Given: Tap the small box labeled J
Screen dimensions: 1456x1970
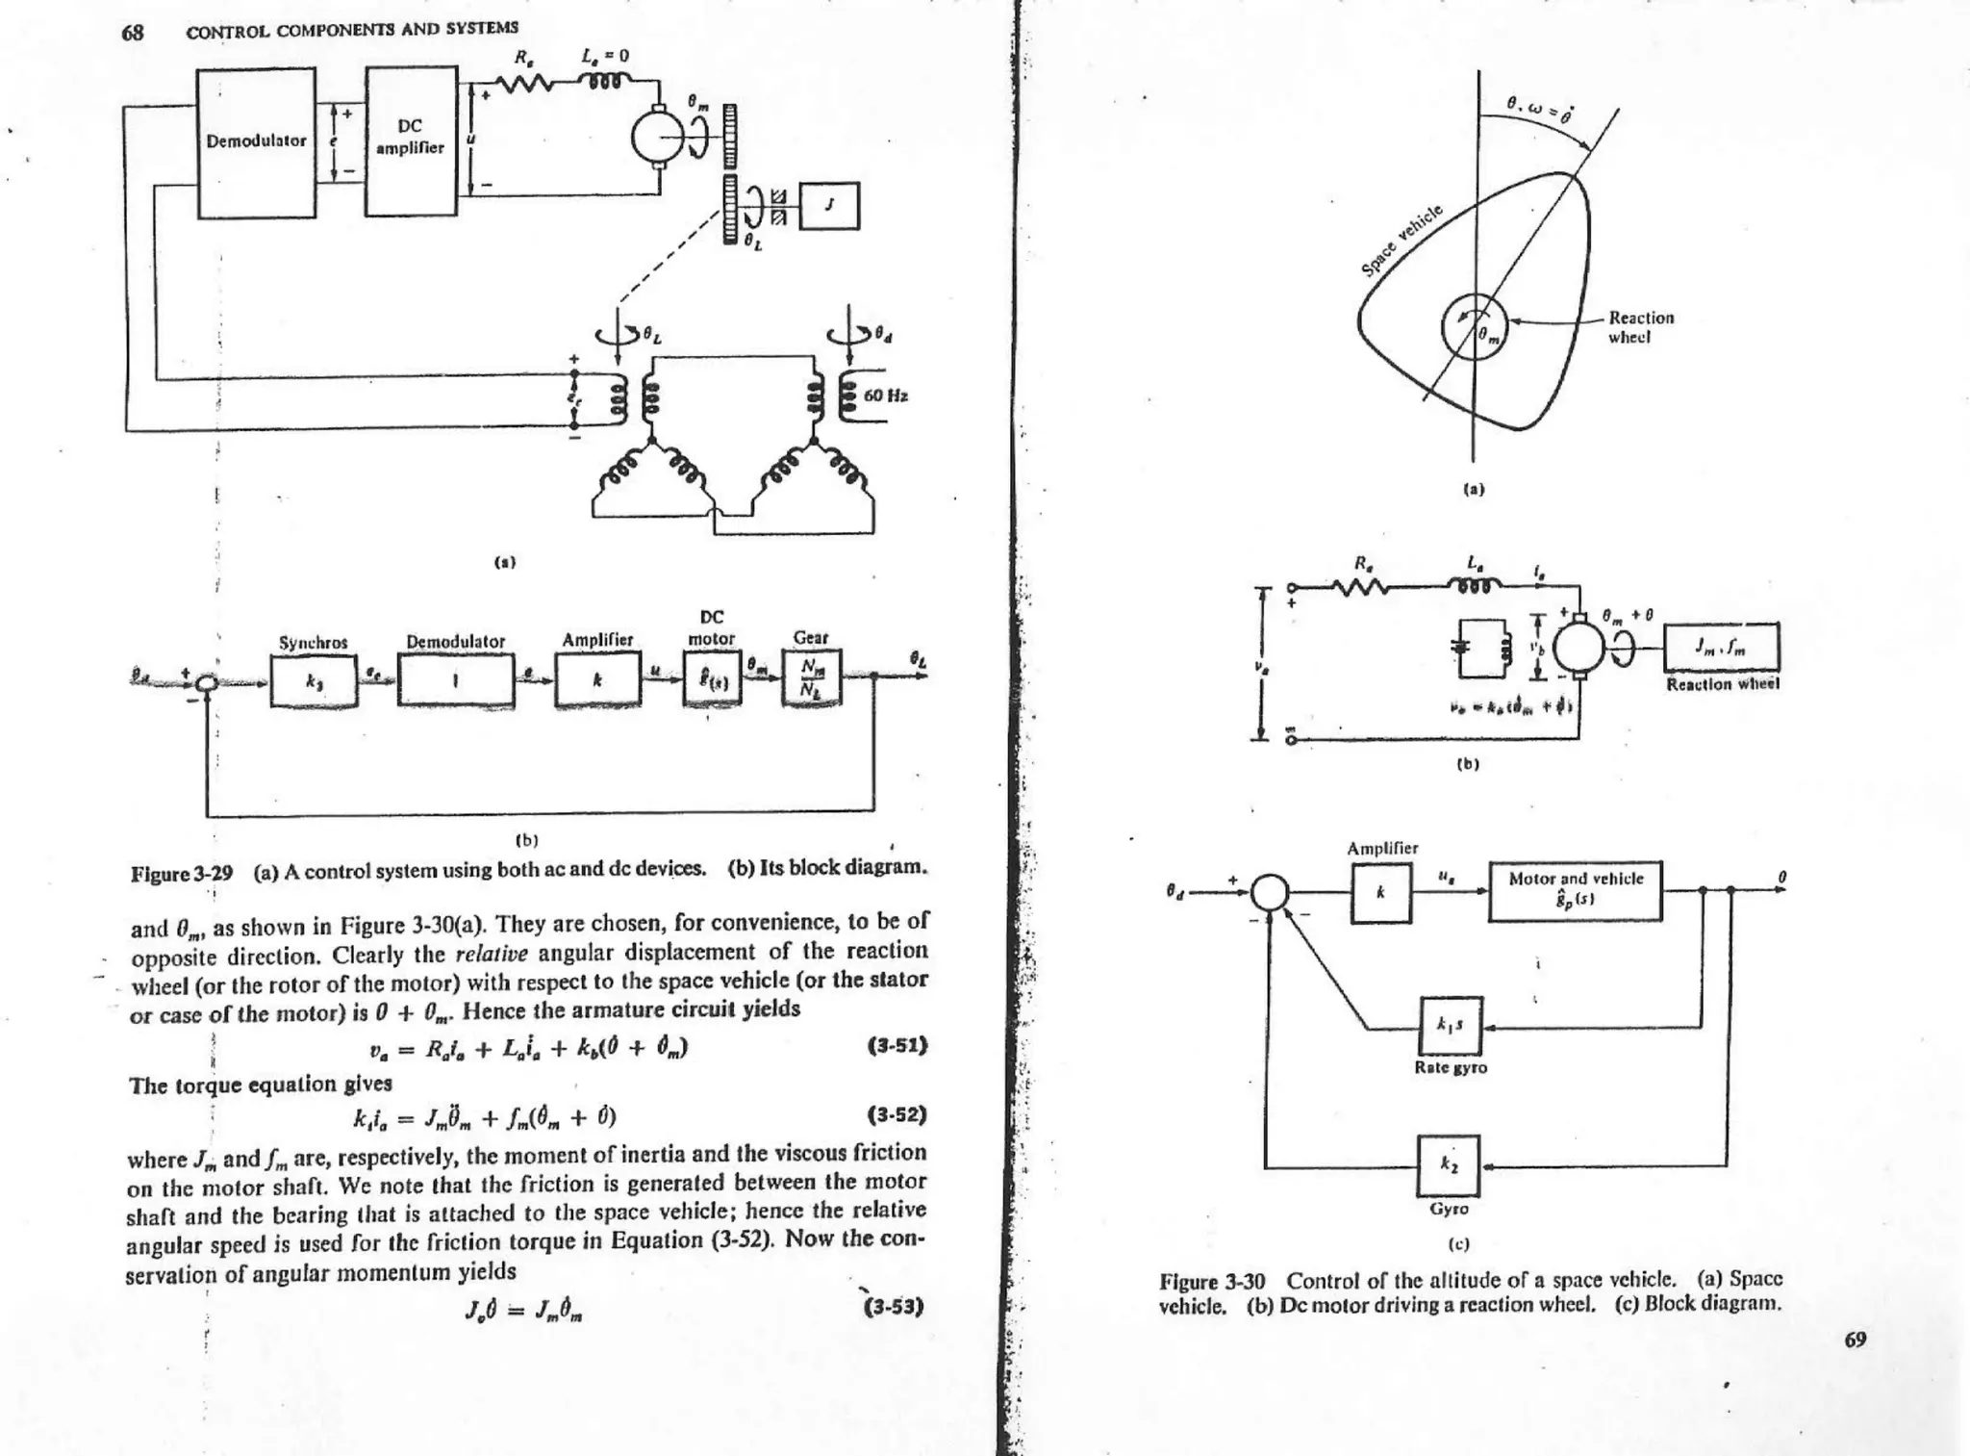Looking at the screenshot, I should pos(829,206).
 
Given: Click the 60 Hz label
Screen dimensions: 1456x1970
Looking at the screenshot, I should pos(886,396).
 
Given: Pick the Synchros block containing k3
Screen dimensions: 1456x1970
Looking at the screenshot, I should pos(314,680).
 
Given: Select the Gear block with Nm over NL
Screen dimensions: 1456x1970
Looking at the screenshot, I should pos(812,678).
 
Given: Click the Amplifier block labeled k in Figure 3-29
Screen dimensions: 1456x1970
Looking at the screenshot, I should pos(597,679).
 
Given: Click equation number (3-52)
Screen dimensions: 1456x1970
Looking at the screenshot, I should pos(897,1115).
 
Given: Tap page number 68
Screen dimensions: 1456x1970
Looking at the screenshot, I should pos(132,33).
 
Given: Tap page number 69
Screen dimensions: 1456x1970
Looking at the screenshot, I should pos(1855,1340).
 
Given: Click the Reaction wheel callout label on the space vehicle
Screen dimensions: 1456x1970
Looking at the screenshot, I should pos(1641,327).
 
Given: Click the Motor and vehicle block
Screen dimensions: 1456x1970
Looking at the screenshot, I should pos(1575,891).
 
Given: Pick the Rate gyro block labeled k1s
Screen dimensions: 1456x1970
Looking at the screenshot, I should pos(1452,1026).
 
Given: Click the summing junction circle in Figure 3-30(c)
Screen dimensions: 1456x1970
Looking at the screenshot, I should pos(1270,891).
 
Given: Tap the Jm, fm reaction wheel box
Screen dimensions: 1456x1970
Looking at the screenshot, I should pos(1722,649).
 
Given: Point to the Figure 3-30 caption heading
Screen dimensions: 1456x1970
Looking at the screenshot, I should pos(1212,1282).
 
